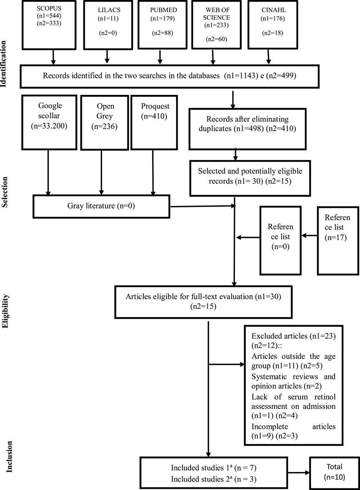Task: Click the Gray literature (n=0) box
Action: pyautogui.click(x=102, y=207)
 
